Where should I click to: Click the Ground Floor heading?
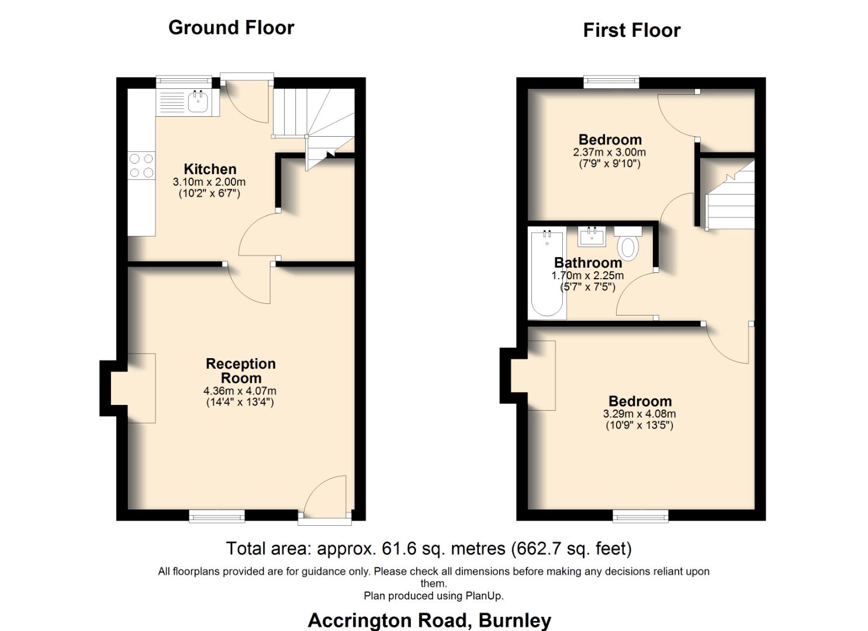coord(231,27)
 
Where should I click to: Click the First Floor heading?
coord(631,30)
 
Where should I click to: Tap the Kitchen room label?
coord(210,169)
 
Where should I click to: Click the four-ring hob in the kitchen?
coord(141,165)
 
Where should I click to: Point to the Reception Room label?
coord(240,370)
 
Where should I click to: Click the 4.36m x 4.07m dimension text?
coord(240,391)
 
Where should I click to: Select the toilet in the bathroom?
coord(628,244)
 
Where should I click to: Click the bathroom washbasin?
coord(593,237)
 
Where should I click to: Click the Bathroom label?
coord(587,262)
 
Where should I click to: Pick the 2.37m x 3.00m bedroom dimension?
coord(610,152)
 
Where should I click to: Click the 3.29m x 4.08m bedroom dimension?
coord(639,414)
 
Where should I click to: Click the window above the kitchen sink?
coord(184,82)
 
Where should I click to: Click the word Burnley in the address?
coord(514,620)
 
